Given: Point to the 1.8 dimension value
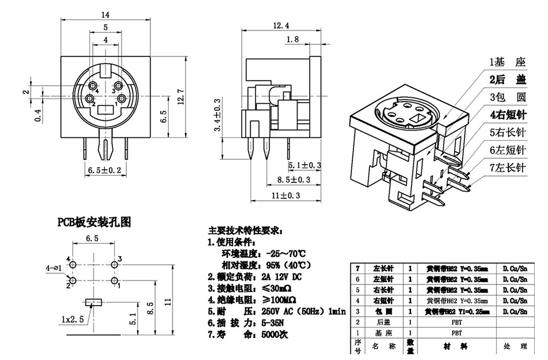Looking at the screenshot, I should (292, 39).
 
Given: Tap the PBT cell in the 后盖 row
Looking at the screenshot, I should (456, 322).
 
